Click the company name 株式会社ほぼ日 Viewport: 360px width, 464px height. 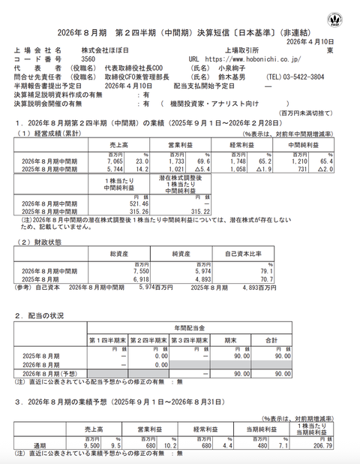[105, 49]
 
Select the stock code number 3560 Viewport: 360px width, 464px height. [88, 58]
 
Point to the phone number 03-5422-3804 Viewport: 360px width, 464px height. [298, 76]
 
